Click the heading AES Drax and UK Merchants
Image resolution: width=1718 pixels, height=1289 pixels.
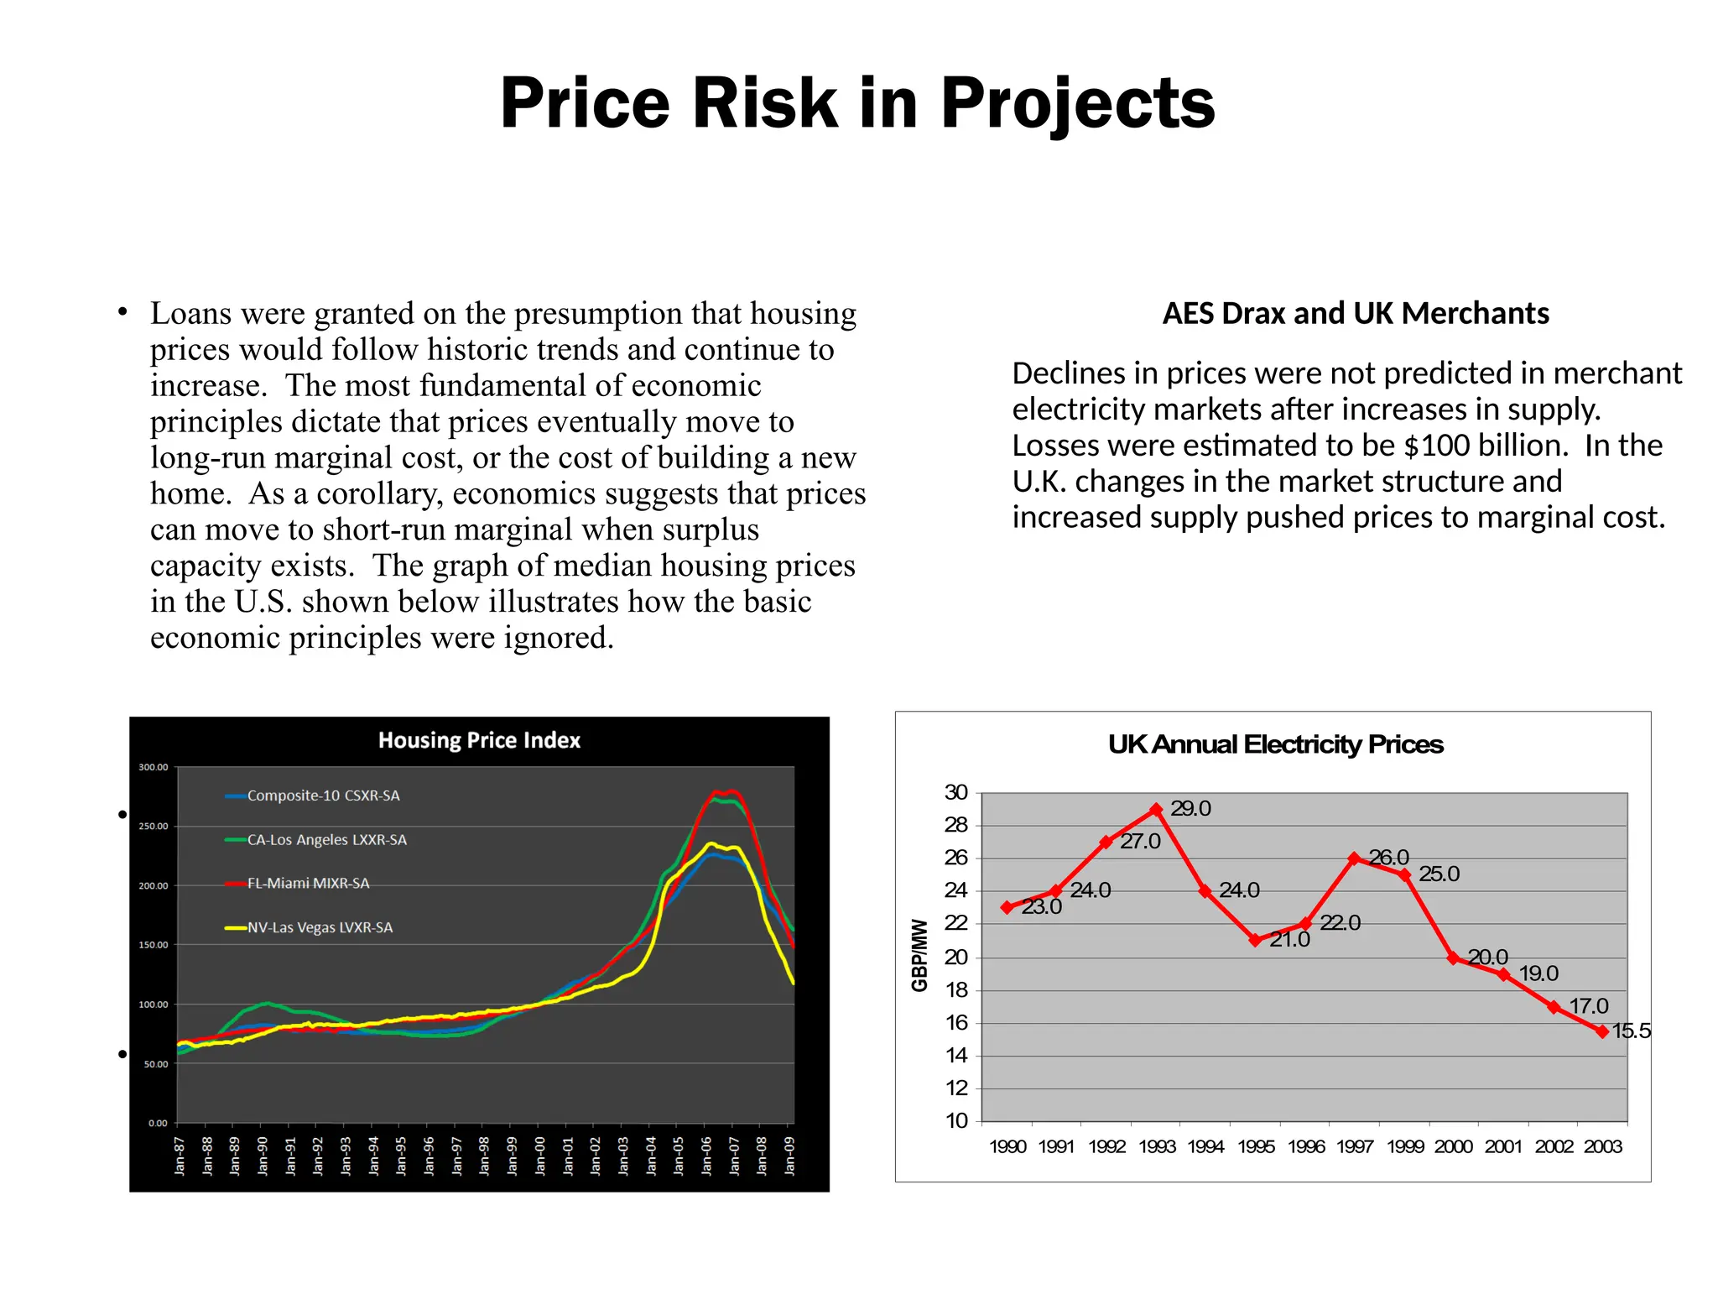(x=1355, y=313)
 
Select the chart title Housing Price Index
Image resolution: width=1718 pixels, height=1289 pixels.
(x=479, y=740)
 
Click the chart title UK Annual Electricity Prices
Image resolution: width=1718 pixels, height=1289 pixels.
(x=1275, y=744)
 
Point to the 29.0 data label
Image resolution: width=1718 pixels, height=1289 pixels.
(x=1190, y=808)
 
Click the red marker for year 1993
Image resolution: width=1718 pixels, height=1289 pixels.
(x=1156, y=810)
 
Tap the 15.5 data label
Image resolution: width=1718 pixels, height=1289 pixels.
(x=1631, y=1031)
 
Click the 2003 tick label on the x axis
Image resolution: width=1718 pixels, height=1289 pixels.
(x=1602, y=1146)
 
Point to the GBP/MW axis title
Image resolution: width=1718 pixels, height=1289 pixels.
(x=920, y=955)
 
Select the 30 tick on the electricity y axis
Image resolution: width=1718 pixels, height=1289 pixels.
(x=956, y=792)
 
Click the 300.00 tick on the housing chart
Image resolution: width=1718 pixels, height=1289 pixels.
(x=154, y=767)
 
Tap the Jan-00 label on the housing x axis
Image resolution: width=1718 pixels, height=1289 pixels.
(x=540, y=1156)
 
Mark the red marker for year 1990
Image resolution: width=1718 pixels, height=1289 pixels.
(x=1007, y=907)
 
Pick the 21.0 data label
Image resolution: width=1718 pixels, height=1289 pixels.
(x=1289, y=939)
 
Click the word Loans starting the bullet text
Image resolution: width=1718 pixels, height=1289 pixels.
(x=190, y=314)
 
